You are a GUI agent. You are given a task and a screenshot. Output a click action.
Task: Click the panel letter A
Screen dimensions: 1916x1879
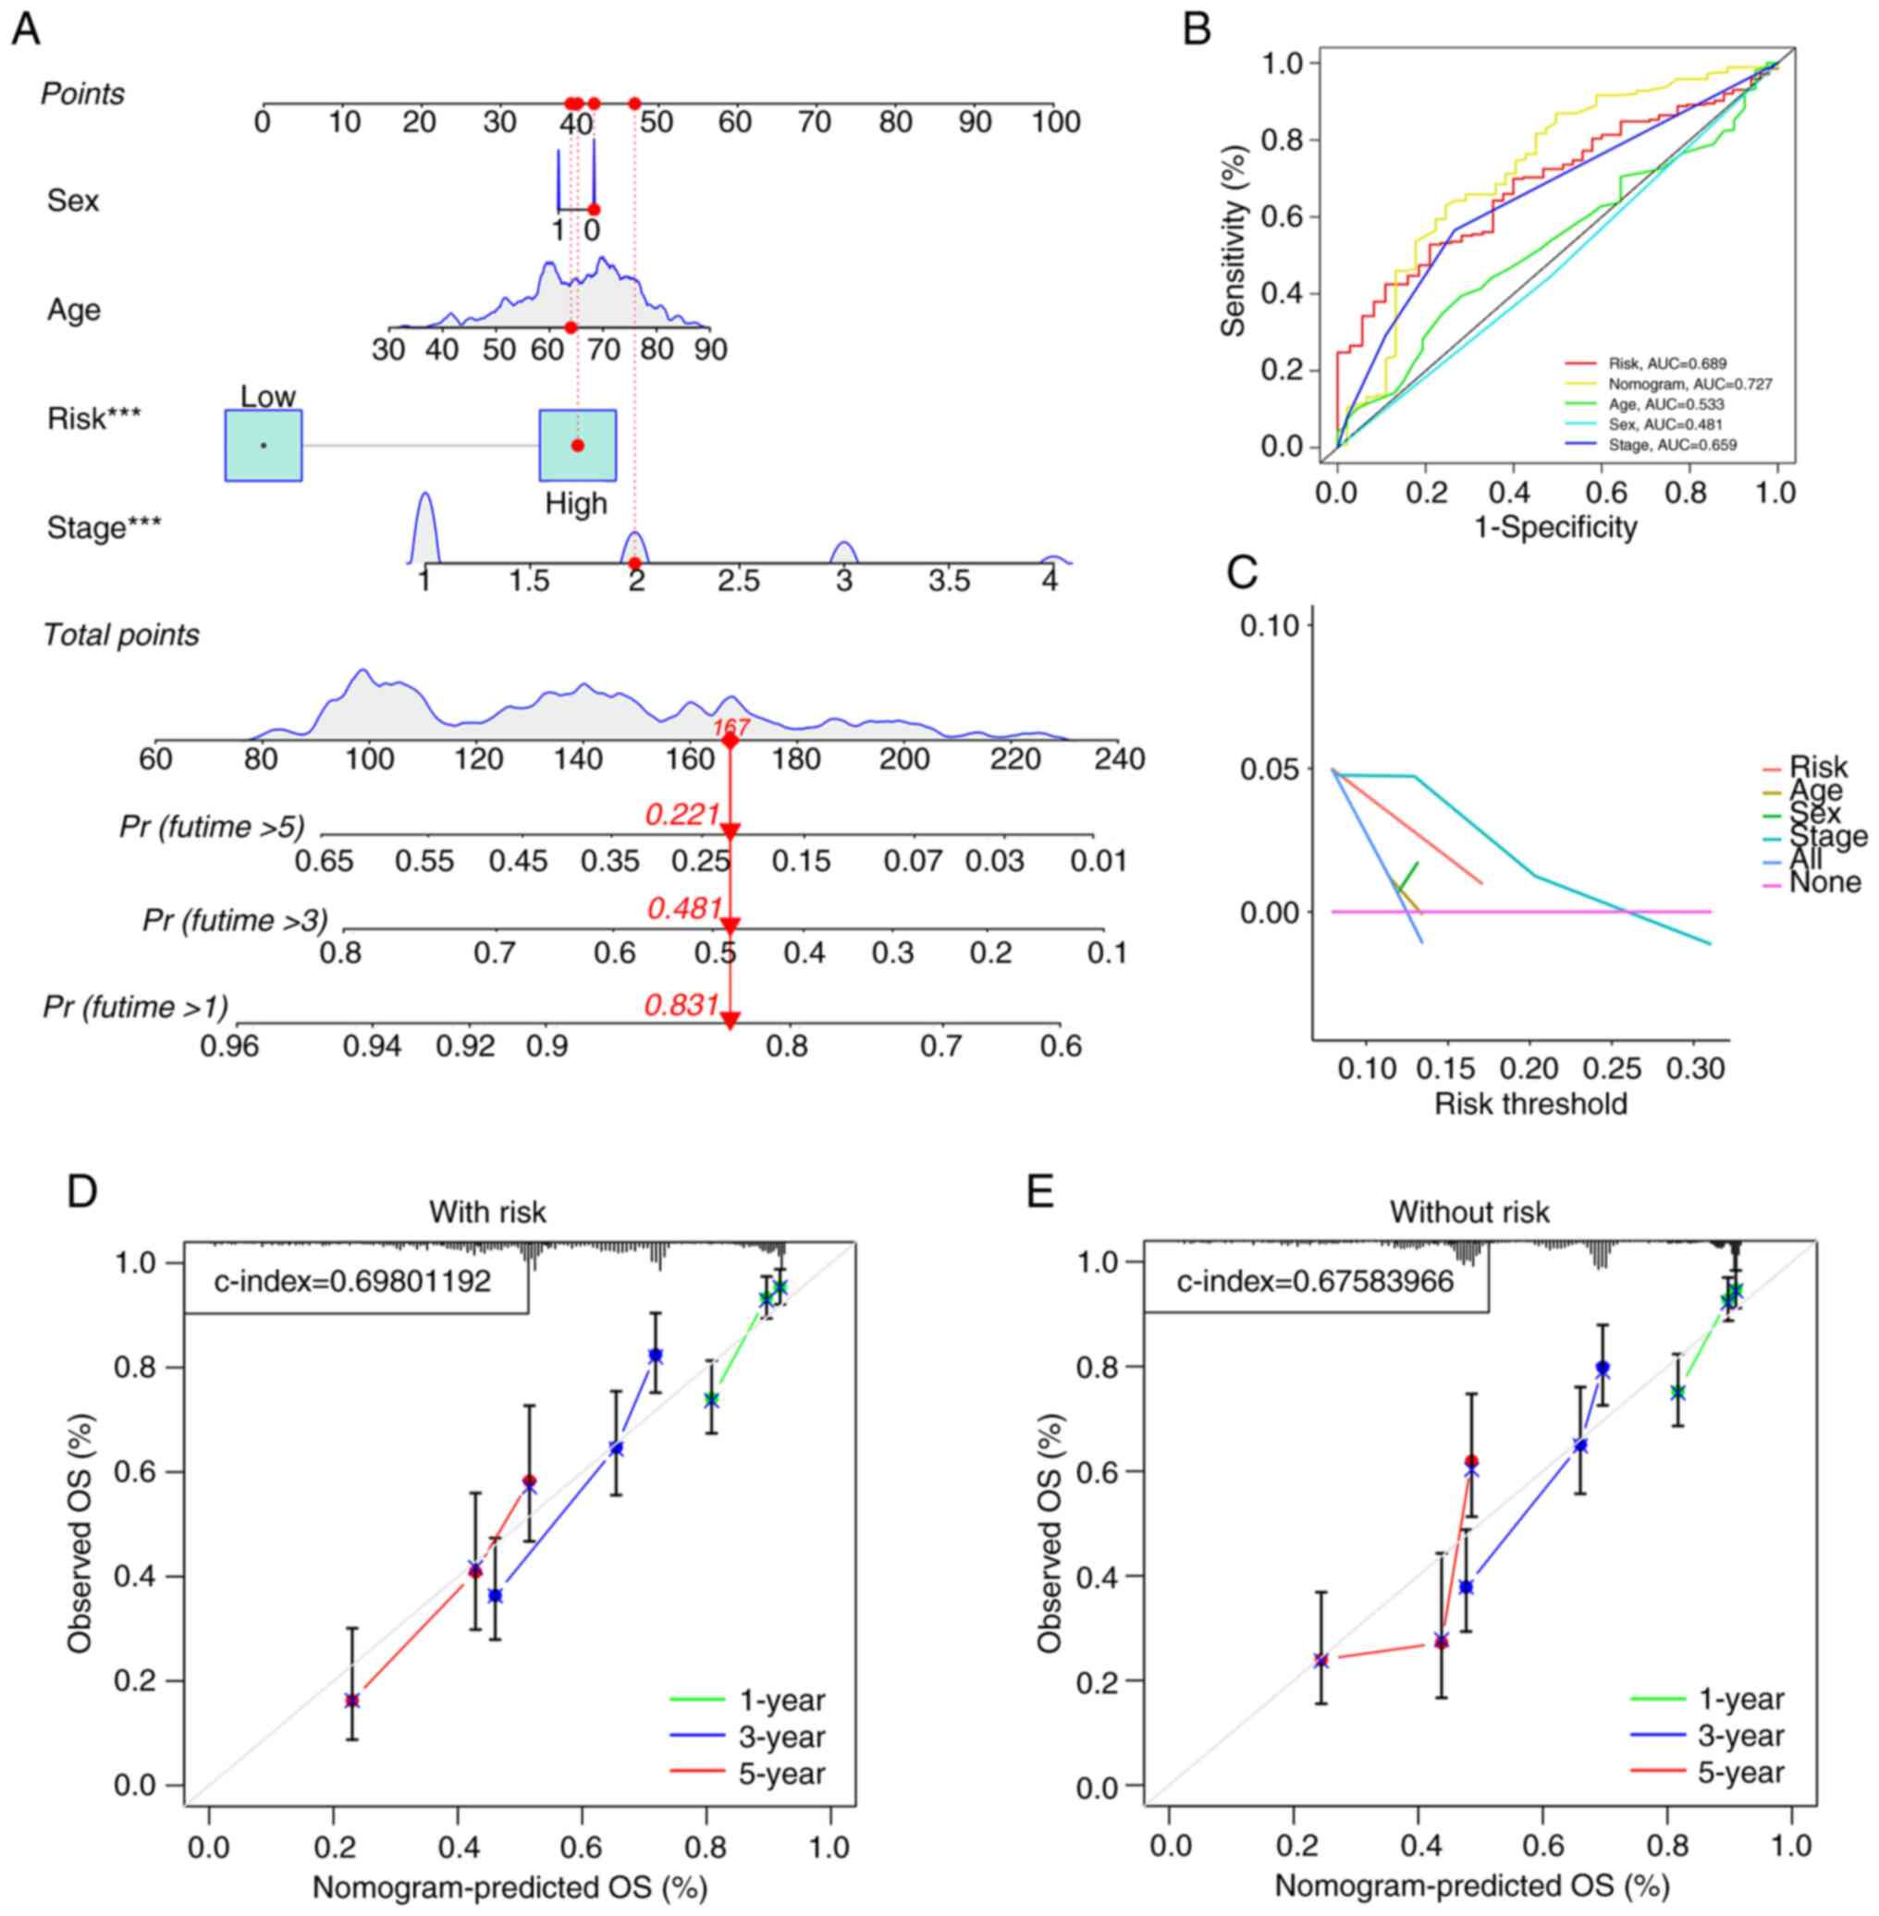(27, 29)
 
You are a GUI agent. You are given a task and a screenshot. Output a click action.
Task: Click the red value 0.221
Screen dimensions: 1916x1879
(682, 815)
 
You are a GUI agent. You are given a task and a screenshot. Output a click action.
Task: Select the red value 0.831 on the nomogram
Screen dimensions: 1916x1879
(681, 1005)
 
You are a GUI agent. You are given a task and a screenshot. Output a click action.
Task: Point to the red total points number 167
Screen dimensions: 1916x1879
(731, 729)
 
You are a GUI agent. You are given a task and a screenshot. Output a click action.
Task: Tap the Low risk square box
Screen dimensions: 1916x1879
(264, 445)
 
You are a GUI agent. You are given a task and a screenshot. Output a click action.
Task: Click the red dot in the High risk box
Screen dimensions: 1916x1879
(577, 445)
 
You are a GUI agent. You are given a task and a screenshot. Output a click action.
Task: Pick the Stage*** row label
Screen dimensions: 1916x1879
(104, 528)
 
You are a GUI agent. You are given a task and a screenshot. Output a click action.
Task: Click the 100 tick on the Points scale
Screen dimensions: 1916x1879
(1056, 122)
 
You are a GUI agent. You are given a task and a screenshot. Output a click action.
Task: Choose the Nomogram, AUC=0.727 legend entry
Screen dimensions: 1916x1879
(1689, 384)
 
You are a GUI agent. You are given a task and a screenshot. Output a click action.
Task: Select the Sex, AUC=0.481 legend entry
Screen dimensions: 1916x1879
(1664, 424)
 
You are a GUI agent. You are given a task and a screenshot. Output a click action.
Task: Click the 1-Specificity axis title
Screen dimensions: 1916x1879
(1555, 527)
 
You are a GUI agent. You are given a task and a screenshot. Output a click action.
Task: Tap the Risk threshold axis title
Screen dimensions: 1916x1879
(1529, 1103)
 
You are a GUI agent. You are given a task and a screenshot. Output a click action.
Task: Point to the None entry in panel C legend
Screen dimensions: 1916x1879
(1824, 882)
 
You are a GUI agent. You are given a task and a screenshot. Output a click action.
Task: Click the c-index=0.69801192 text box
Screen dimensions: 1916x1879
(353, 1282)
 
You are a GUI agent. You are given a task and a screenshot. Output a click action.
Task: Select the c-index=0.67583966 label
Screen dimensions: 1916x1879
(1315, 1282)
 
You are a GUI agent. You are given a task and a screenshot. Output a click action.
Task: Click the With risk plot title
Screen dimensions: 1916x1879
(487, 1212)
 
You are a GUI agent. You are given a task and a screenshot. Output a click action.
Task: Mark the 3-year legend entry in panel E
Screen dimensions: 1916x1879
(1741, 1737)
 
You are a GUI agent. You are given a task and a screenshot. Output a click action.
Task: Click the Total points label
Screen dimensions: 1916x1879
(121, 634)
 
